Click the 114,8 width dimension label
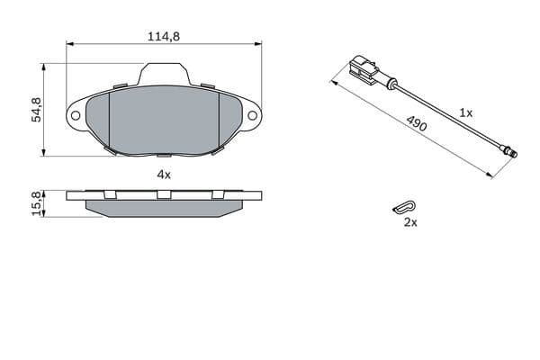(x=164, y=36)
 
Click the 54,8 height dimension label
(x=36, y=110)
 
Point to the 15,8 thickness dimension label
(x=36, y=202)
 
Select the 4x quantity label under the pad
(x=164, y=175)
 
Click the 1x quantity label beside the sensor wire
(x=466, y=112)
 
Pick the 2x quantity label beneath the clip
(x=410, y=222)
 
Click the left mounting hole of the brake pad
(x=76, y=115)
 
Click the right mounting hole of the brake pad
(x=252, y=115)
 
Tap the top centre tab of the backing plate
(x=164, y=75)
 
